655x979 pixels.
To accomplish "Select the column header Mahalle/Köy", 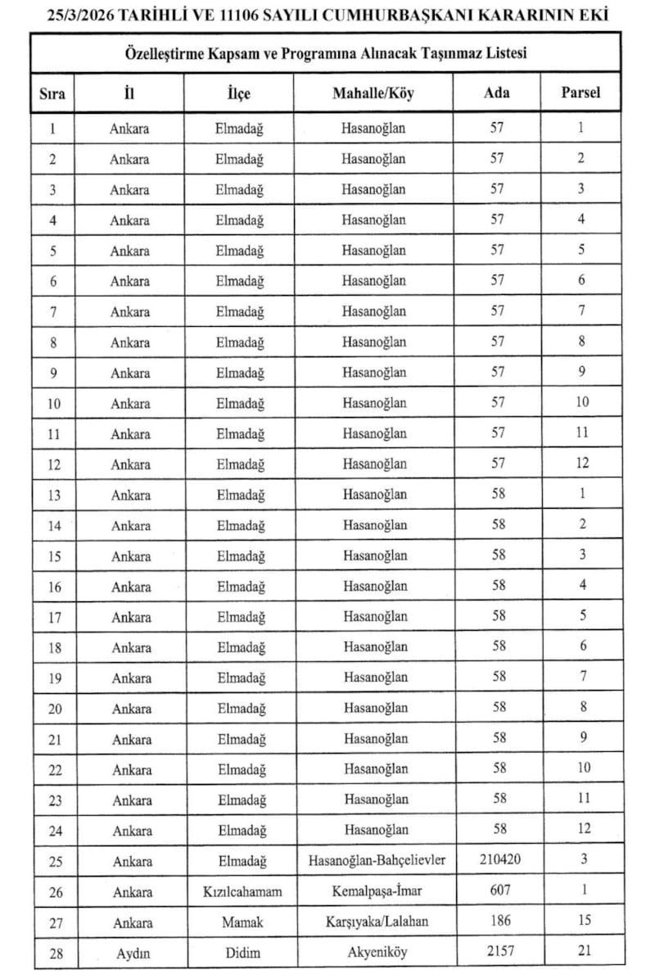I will point(373,93).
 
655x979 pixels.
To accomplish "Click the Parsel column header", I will point(580,93).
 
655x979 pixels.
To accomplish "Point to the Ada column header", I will point(497,93).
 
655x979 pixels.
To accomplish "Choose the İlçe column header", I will point(238,93).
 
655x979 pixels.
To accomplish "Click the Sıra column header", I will point(52,93).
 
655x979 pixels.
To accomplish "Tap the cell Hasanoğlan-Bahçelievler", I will point(376,860).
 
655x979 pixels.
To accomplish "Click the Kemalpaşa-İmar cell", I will point(376,891).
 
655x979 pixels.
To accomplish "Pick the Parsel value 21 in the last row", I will point(582,951).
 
